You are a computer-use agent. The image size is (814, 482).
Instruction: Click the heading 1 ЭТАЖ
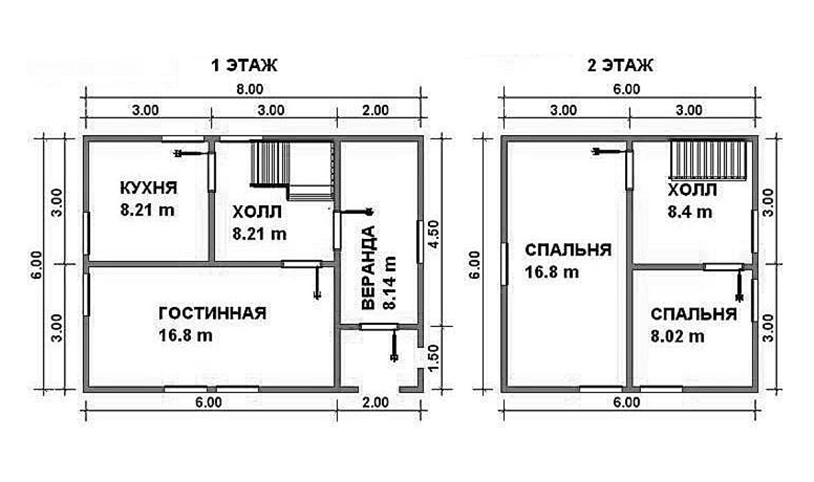coord(244,65)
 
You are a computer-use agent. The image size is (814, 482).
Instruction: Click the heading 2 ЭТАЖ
coord(620,65)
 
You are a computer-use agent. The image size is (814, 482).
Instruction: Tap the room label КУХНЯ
coord(148,187)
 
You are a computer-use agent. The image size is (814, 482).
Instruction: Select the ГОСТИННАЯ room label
coord(212,313)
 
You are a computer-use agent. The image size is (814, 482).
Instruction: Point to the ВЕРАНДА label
coord(367,268)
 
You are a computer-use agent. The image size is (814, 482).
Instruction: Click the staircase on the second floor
coord(709,160)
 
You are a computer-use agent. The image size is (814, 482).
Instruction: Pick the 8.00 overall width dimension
coord(250,90)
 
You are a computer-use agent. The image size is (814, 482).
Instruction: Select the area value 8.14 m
coord(389,283)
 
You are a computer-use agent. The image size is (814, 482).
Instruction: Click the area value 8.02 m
coord(678,337)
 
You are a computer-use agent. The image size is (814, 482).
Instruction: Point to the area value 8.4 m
coord(690,211)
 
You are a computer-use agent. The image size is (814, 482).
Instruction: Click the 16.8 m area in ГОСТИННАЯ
coord(185,335)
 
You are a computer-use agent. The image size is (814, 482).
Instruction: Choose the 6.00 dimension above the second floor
coord(627,90)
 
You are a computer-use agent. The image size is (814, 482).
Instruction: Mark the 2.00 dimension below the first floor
coord(376,403)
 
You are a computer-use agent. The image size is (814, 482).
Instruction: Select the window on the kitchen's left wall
coord(87,233)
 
